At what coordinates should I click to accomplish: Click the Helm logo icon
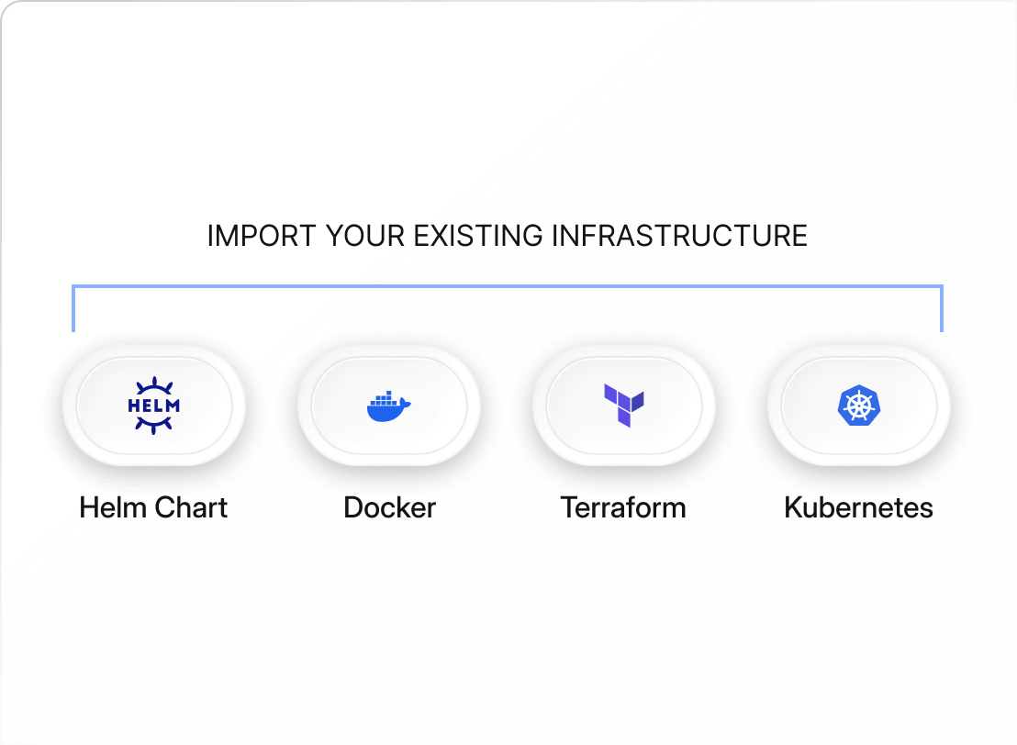(x=153, y=406)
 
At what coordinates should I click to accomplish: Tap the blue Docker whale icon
(x=388, y=406)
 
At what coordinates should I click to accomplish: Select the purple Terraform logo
(x=624, y=406)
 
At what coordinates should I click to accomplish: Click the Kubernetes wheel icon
(x=859, y=406)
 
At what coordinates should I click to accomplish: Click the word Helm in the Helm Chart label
(x=113, y=507)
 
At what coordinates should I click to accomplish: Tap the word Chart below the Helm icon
(x=191, y=507)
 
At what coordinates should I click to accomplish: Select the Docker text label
(x=389, y=507)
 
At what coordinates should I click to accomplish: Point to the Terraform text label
(x=623, y=507)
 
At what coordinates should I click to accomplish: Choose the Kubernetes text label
(x=858, y=507)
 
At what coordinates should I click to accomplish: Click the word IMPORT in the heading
(x=262, y=236)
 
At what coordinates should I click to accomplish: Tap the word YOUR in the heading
(x=364, y=236)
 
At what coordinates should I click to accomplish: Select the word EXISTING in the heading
(x=478, y=236)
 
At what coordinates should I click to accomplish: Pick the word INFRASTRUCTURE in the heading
(x=680, y=236)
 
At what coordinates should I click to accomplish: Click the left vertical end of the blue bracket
(x=73, y=308)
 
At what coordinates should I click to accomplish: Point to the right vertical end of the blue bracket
(x=941, y=308)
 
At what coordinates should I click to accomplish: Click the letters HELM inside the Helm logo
(x=153, y=406)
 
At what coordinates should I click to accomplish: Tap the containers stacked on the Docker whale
(x=383, y=397)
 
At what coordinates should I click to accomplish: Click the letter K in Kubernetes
(x=793, y=507)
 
